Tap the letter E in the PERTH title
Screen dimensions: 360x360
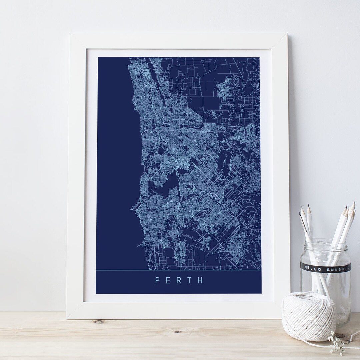click(x=168, y=280)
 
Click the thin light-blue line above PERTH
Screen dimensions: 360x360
click(x=178, y=270)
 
